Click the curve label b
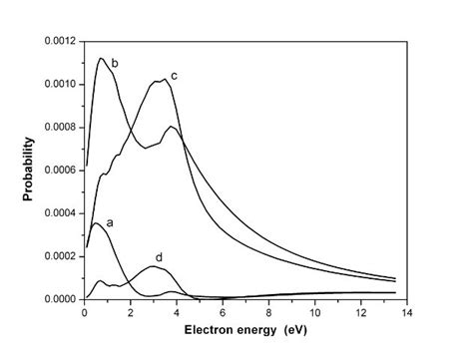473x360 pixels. click(116, 64)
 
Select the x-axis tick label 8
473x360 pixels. click(268, 313)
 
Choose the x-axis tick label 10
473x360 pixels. click(314, 313)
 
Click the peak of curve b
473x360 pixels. click(101, 59)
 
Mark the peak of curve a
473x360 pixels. click(95, 224)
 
